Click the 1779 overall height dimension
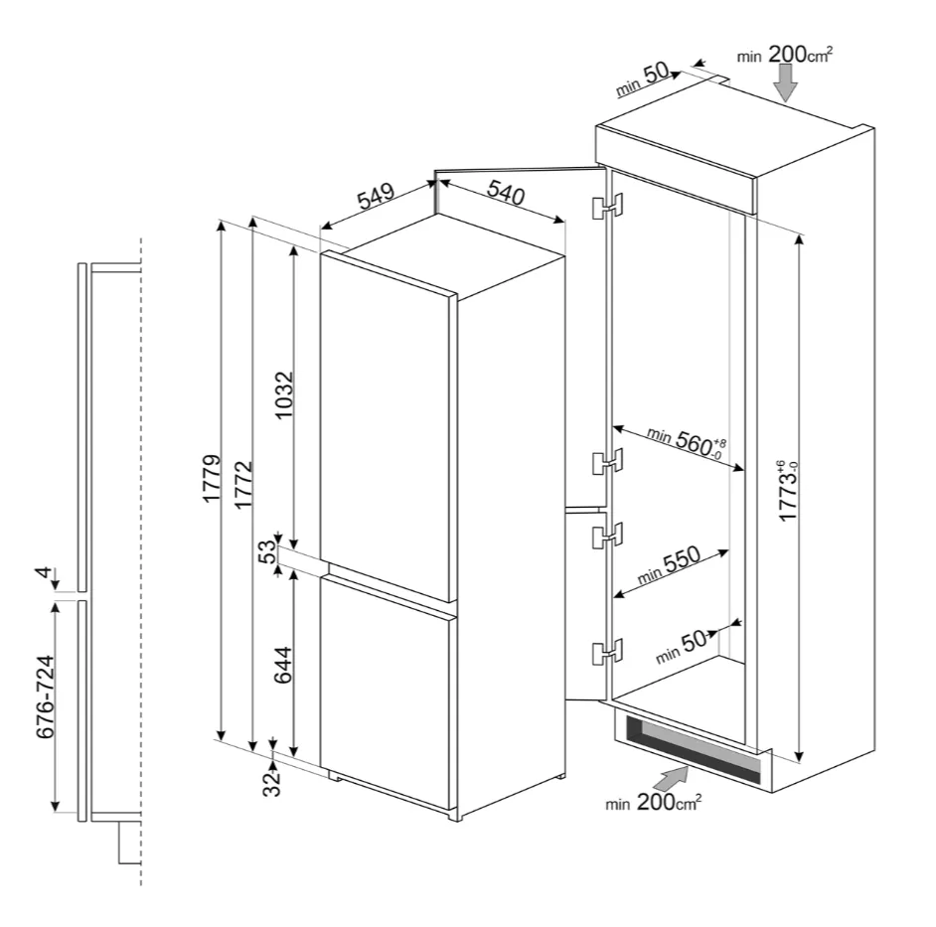coord(212,478)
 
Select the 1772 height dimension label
coord(243,484)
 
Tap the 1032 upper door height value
coord(284,394)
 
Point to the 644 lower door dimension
coord(283,665)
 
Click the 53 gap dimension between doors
coord(268,551)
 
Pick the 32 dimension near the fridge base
coord(271,783)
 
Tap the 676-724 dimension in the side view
coord(46,696)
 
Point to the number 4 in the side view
coord(44,573)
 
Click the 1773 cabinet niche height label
coord(788,491)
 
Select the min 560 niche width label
coord(687,442)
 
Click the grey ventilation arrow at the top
coord(786,82)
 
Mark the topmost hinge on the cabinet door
coord(607,206)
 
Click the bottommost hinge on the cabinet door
coord(607,651)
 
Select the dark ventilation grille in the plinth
coord(694,749)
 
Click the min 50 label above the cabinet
coord(643,79)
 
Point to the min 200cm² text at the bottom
coord(654,802)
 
